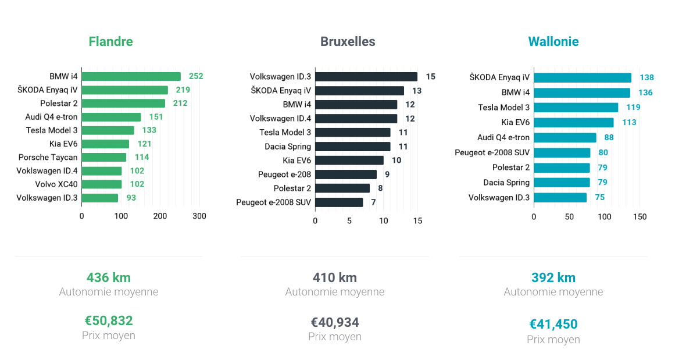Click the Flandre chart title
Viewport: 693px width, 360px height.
tap(110, 42)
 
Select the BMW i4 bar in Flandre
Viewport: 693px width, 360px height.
tap(131, 76)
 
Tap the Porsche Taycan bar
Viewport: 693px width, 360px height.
tap(104, 157)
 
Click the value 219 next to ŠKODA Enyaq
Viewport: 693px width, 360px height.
tap(183, 90)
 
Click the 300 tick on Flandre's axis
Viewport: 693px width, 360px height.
tap(199, 216)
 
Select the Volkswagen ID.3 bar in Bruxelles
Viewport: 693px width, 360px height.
tap(366, 77)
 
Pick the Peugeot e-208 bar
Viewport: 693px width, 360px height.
tap(346, 174)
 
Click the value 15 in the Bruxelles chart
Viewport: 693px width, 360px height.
tap(430, 77)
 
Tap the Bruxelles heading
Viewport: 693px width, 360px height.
tap(348, 42)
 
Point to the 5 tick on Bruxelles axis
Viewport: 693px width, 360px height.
tap(349, 221)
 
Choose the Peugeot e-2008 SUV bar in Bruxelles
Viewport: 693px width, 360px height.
tap(339, 202)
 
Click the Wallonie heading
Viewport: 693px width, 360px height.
tap(553, 42)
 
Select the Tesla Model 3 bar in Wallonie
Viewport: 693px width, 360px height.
tap(576, 108)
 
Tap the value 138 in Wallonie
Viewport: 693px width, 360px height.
tap(646, 78)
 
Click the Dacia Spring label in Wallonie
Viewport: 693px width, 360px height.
tap(506, 183)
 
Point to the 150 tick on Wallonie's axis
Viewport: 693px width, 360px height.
tap(640, 217)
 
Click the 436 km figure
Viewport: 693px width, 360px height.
tap(109, 277)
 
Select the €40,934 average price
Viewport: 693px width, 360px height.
tap(335, 322)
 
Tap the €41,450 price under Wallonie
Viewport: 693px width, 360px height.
tap(553, 325)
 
